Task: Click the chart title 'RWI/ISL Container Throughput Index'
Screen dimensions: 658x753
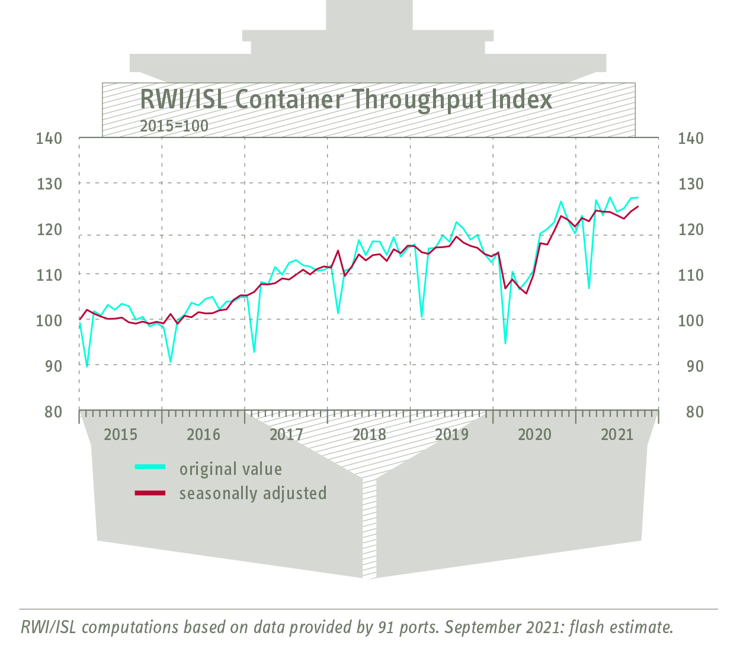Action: (346, 99)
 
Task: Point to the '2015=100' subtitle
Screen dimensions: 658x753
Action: (174, 126)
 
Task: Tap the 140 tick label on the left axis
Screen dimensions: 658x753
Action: (49, 138)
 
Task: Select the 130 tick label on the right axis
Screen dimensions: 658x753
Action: (690, 184)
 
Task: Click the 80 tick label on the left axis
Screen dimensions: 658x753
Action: (53, 411)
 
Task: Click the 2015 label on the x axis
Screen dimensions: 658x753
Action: (120, 435)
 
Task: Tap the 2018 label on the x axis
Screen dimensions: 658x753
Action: (369, 435)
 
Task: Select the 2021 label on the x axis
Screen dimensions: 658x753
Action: (617, 435)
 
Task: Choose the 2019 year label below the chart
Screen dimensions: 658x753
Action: (452, 435)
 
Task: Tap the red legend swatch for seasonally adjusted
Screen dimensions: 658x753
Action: (150, 493)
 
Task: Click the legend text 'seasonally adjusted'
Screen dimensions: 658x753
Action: (253, 493)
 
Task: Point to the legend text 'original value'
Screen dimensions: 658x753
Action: (230, 469)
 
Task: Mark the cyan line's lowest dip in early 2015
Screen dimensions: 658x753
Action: (87, 367)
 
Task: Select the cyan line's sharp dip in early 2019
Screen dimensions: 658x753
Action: (422, 317)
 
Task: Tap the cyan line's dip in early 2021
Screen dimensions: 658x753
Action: (588, 288)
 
